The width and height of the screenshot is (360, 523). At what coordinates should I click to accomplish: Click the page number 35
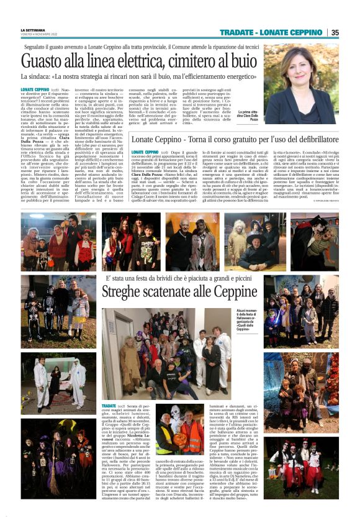click(334, 32)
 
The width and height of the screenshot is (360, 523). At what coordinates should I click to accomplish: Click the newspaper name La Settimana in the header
click(33, 29)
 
